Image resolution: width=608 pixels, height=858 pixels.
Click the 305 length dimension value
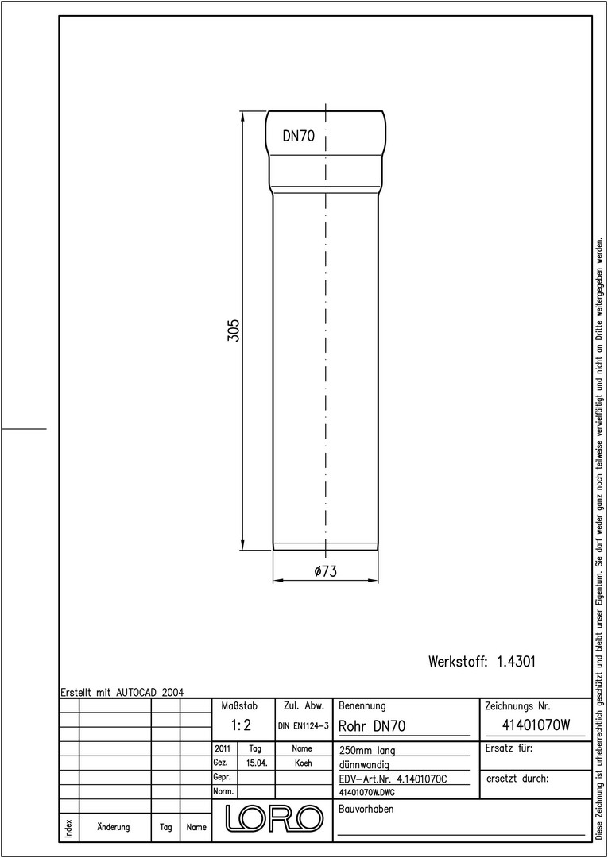[234, 330]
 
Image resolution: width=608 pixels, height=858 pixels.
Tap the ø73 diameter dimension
[325, 571]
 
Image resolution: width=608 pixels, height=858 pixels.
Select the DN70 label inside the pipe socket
[299, 137]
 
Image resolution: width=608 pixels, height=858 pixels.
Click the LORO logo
[273, 817]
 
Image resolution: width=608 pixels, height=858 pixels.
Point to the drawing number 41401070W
[536, 725]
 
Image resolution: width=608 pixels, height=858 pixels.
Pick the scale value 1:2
[240, 725]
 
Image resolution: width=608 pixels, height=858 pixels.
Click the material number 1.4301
[516, 662]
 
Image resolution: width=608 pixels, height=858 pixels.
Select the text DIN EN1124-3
[303, 726]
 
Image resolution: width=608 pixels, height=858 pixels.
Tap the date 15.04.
[257, 763]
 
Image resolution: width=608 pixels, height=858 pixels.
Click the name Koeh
[303, 763]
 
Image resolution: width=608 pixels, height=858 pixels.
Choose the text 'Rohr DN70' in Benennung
[372, 726]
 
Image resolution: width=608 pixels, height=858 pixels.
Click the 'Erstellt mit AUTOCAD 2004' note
[122, 692]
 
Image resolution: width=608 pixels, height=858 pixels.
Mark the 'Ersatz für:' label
[509, 748]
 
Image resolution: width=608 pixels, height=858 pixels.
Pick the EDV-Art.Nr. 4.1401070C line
[393, 779]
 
